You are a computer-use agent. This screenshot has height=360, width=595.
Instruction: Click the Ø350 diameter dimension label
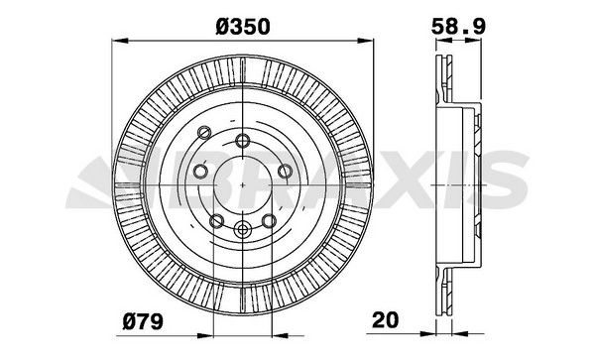pyautogui.click(x=243, y=27)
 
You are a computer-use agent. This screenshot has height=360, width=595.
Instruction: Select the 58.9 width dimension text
pyautogui.click(x=458, y=27)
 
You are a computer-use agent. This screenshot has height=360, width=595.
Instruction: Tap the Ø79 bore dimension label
pyautogui.click(x=143, y=321)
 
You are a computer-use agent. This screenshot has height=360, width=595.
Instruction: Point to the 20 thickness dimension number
pyautogui.click(x=386, y=319)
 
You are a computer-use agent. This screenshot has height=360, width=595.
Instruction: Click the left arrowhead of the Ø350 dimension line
pyautogui.click(x=119, y=41)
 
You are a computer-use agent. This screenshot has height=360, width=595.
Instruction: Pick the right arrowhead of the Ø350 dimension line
pyautogui.click(x=366, y=41)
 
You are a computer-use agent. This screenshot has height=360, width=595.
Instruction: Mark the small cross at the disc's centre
pyautogui.click(x=243, y=184)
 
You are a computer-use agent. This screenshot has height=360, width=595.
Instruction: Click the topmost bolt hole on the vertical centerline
pyautogui.click(x=243, y=141)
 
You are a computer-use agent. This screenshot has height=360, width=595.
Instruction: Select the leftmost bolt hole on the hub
pyautogui.click(x=200, y=172)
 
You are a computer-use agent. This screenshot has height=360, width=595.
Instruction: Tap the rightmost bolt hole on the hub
pyautogui.click(x=285, y=172)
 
